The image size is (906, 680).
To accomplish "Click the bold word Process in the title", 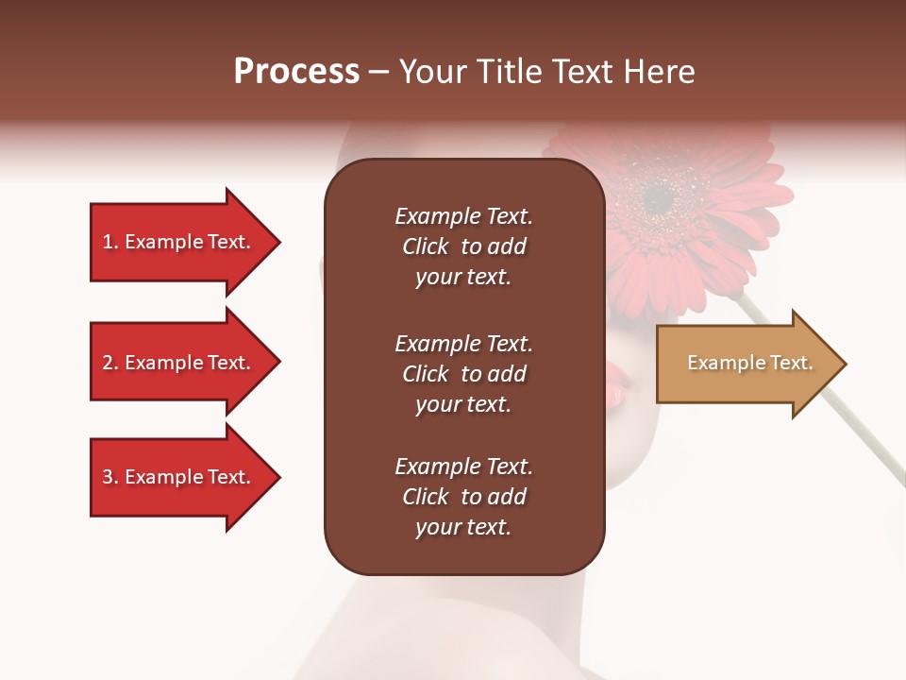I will (296, 73).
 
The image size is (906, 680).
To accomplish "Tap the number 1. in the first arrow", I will (110, 242).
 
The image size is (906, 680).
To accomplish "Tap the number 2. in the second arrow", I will (110, 363).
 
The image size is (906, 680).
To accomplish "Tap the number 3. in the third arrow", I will (110, 477).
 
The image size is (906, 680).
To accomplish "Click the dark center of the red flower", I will (660, 196).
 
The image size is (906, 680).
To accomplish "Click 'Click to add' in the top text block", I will (463, 247).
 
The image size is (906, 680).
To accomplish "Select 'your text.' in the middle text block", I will (463, 404).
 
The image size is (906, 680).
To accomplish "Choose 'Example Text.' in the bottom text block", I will (463, 467).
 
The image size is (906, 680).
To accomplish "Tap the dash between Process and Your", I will (378, 73).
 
